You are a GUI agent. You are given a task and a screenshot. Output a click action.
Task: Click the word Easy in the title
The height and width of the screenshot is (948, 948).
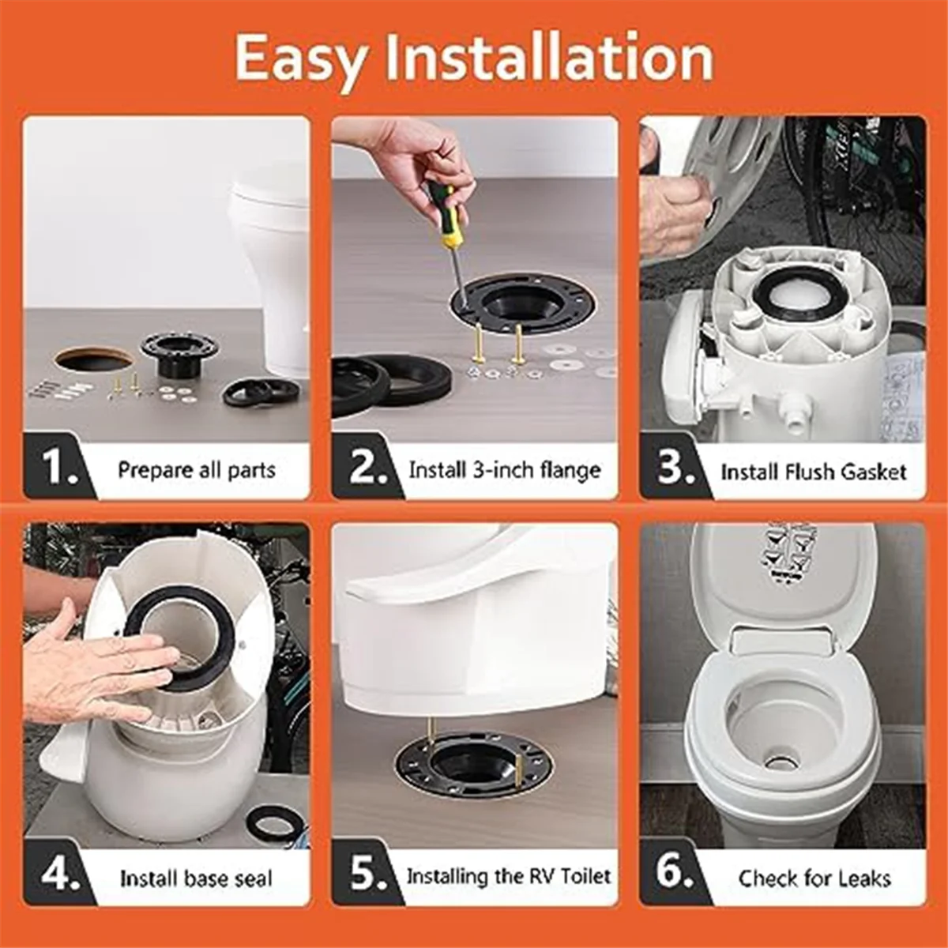click(301, 61)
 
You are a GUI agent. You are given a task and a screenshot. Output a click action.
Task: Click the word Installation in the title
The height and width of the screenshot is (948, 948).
click(550, 58)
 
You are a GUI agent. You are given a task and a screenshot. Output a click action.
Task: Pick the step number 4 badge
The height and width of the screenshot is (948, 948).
click(58, 873)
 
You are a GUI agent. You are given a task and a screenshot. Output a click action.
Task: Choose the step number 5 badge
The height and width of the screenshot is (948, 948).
click(367, 873)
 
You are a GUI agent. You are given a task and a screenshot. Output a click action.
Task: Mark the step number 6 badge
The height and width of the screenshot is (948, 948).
click(675, 873)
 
